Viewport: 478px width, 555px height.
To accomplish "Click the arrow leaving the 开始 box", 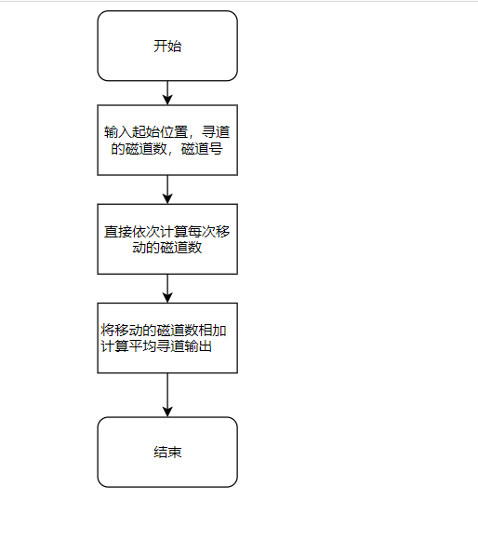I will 167,91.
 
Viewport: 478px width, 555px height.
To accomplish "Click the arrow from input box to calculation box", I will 167,188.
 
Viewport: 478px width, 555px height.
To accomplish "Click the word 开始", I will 167,47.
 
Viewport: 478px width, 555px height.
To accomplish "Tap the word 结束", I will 167,453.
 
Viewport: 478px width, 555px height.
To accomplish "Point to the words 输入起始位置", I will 139,131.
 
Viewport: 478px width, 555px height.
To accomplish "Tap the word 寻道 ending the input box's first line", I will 215,131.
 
